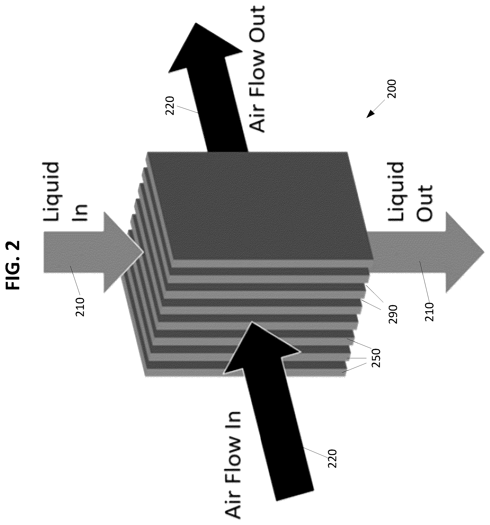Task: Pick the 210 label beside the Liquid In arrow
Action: pos(80,307)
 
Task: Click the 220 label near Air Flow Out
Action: pos(169,106)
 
